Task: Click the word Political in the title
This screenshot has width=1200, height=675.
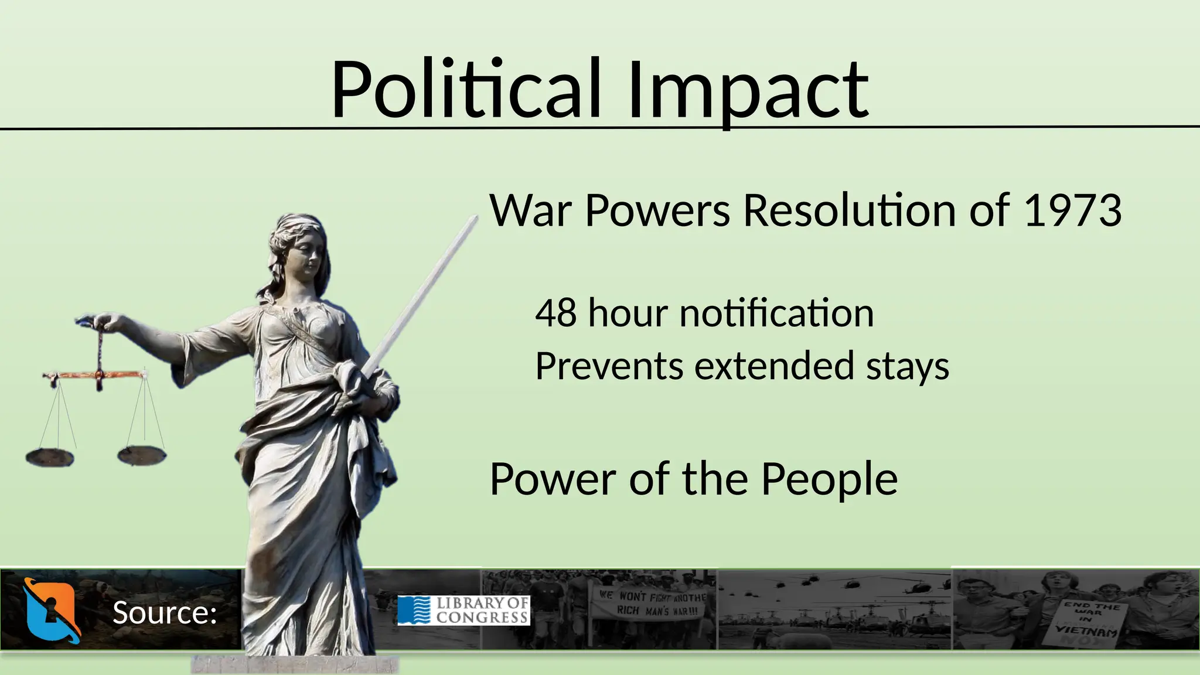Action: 466,89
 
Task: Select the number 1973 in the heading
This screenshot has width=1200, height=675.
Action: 1072,210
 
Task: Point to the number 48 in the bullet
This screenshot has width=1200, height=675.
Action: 555,313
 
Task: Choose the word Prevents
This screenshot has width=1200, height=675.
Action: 609,366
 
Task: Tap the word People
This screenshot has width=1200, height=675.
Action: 829,479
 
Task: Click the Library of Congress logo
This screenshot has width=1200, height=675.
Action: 463,610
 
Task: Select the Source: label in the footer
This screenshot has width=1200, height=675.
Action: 165,613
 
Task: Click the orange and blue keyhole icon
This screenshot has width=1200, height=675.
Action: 51,610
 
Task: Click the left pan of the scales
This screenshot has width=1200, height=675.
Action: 50,456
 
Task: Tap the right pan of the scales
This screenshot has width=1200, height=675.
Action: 141,454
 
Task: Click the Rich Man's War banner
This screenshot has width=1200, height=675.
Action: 651,603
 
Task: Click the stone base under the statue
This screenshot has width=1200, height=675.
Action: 295,664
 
